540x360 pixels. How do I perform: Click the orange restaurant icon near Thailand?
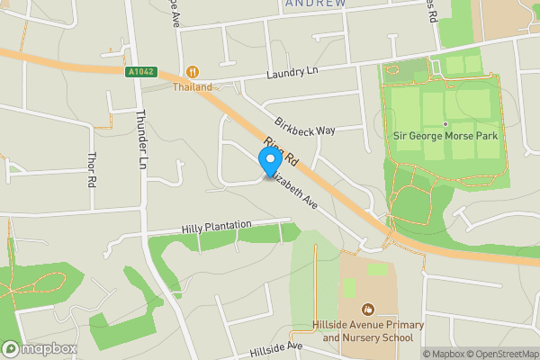coord(192,72)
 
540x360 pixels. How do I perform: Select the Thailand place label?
coord(193,87)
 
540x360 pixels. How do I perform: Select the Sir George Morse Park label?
coord(445,136)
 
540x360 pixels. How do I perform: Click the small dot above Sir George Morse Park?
coord(445,123)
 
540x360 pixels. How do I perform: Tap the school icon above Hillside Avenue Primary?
coord(367,310)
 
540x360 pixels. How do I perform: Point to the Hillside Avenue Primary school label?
coord(367,330)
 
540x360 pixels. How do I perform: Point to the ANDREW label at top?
coord(315,4)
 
